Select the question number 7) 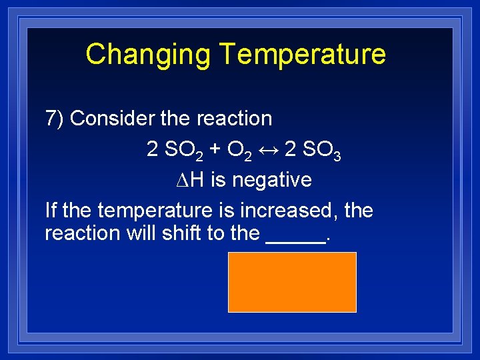click(54, 119)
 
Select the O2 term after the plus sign click(239, 150)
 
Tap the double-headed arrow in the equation click(268, 149)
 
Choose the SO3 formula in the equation click(322, 150)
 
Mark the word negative click(274, 180)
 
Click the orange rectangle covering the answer click(292, 281)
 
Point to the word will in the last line click(141, 233)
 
